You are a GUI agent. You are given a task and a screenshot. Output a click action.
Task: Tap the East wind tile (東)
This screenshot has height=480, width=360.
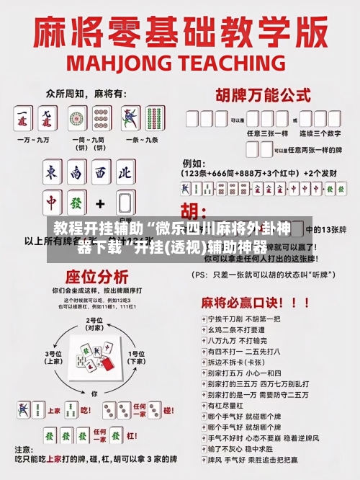tap(52, 173)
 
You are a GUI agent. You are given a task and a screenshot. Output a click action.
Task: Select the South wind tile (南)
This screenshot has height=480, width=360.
tap(77, 173)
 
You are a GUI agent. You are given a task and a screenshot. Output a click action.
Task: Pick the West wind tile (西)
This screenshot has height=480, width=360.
tap(101, 173)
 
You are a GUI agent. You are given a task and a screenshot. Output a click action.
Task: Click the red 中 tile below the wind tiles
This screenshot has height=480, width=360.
tap(52, 203)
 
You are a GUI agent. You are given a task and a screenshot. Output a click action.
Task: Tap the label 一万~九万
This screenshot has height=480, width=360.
tap(36, 139)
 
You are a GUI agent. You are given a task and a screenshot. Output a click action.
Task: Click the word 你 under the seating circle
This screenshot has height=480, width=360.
tap(94, 394)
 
